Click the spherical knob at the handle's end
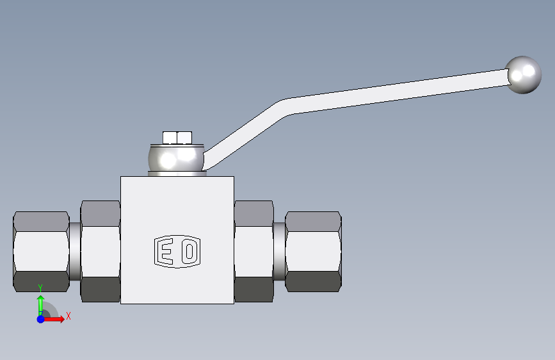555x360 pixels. (523, 75)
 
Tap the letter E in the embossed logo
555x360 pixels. (165, 251)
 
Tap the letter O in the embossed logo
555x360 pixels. (189, 251)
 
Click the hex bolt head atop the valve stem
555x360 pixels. (177, 138)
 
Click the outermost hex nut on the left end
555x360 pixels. (41, 252)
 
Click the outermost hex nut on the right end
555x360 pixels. (313, 252)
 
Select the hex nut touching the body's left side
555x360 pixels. (101, 251)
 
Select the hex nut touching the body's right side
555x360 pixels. (253, 251)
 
